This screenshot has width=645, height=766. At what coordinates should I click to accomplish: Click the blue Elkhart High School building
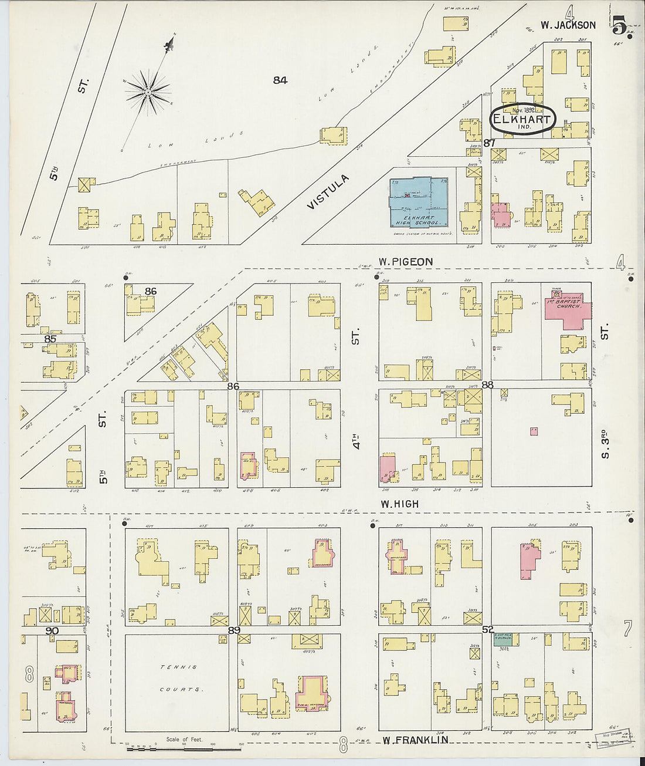[419, 202]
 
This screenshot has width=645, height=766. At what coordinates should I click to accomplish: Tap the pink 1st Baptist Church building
[566, 308]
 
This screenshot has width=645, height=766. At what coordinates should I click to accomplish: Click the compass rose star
[148, 92]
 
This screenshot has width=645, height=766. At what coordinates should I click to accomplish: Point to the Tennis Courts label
[181, 678]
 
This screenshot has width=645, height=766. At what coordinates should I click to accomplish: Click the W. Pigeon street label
[406, 262]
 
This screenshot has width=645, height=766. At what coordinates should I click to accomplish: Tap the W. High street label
[400, 504]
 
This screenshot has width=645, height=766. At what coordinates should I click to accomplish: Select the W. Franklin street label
[416, 740]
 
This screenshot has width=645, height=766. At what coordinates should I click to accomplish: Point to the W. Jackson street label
[568, 25]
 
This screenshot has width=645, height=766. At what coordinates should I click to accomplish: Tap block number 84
[280, 80]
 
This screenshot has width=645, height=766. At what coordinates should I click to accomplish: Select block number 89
[235, 630]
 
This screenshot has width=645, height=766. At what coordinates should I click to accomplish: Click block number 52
[487, 629]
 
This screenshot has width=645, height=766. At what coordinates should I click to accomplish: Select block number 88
[487, 385]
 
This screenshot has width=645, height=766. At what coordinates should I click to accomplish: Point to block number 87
[490, 143]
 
